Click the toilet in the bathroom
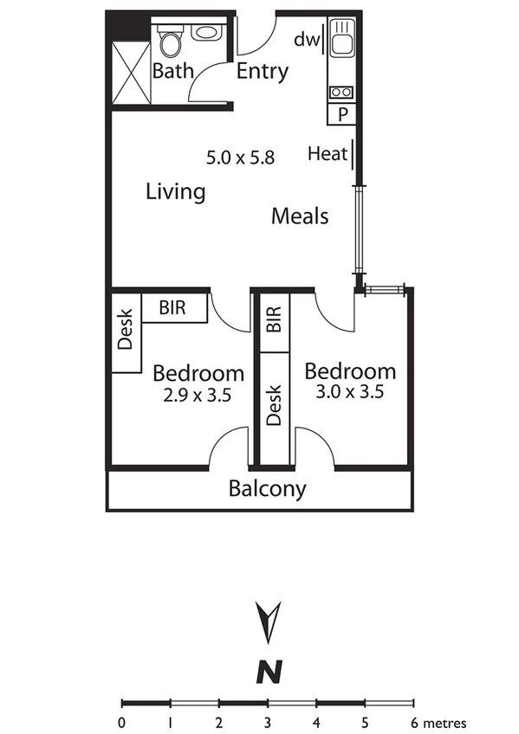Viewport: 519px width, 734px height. (170, 42)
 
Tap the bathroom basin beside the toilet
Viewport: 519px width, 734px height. (206, 33)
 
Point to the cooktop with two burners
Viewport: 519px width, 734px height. (340, 91)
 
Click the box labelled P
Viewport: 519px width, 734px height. (342, 113)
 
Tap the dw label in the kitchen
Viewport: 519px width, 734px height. (306, 39)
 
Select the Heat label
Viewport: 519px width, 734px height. (327, 155)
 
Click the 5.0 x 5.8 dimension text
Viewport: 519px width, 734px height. (240, 158)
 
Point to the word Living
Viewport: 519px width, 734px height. (175, 191)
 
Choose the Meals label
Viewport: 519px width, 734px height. (300, 216)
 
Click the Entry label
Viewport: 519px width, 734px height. (263, 71)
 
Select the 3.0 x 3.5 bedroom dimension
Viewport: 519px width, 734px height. (350, 391)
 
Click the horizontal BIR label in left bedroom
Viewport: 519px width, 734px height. (173, 308)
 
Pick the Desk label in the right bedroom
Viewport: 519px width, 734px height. (274, 405)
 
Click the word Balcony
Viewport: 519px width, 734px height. (267, 489)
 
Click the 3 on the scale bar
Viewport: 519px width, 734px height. (269, 722)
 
